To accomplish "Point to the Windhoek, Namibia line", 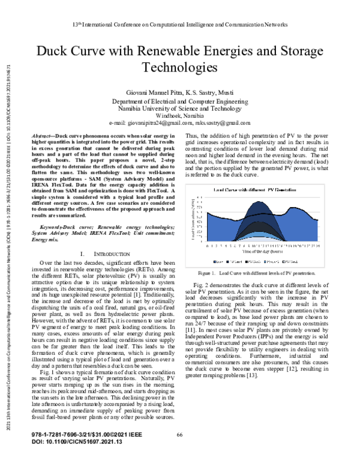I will pyautogui.click(x=179, y=115).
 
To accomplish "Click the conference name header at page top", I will pyautogui.click(x=179, y=25).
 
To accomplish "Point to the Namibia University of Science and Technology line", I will pyautogui.click(x=179, y=109).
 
